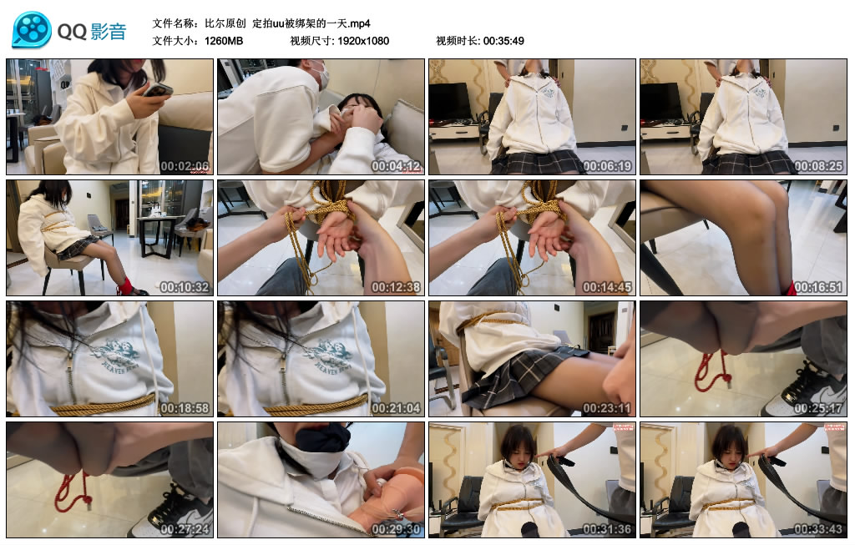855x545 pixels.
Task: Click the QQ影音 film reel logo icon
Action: [32, 31]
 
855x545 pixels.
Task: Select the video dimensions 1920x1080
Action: [363, 41]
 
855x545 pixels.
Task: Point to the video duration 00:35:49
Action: [503, 41]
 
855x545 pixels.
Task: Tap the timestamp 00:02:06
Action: [186, 166]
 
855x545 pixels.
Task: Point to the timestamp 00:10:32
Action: [186, 287]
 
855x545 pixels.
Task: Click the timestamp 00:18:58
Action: [186, 408]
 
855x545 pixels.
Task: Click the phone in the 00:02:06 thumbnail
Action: [157, 90]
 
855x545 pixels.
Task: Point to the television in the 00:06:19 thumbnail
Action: [449, 102]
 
